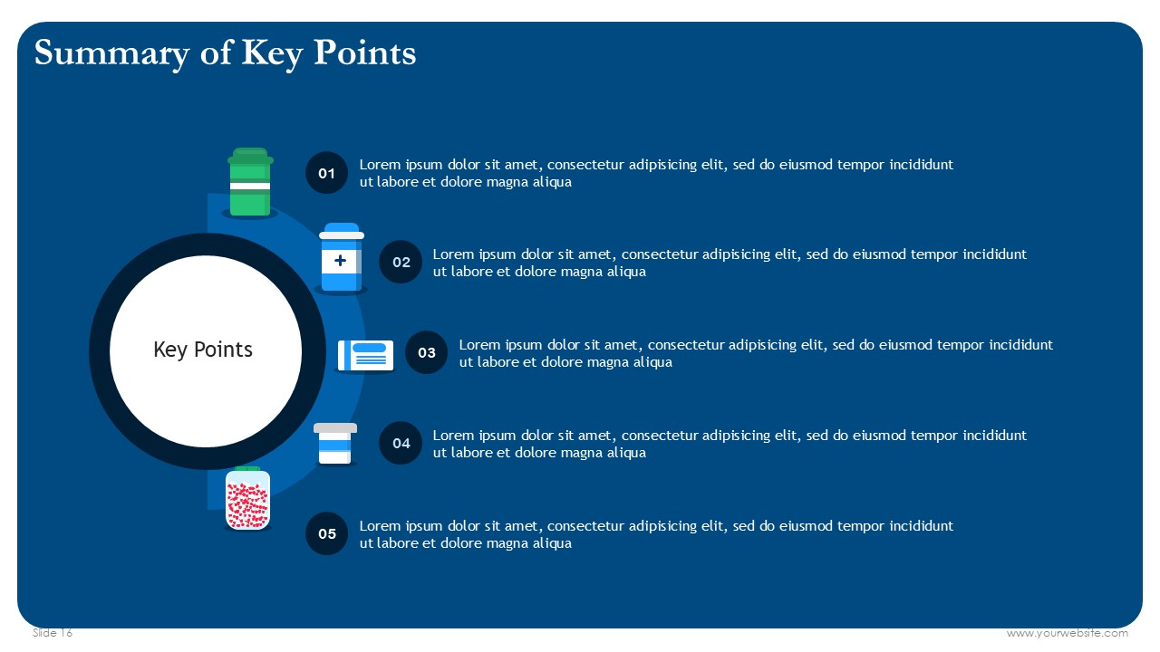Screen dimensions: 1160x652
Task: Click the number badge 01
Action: [x=326, y=173]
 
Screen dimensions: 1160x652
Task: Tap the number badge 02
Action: [x=401, y=262]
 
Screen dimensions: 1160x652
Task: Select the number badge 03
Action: [x=426, y=352]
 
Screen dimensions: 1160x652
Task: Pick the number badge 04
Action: [x=401, y=443]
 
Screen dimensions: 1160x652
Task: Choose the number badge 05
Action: [x=326, y=533]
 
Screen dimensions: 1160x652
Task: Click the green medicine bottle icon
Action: [x=250, y=183]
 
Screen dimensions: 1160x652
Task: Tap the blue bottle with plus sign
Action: [x=342, y=258]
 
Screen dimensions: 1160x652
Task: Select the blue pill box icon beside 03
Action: [x=365, y=356]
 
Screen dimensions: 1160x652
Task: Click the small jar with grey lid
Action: [x=335, y=444]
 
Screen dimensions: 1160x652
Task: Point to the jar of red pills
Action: [x=247, y=499]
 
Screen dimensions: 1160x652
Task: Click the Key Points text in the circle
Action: [x=203, y=350]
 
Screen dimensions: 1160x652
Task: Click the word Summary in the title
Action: [x=111, y=53]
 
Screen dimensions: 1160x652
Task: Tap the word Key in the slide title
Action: [x=272, y=53]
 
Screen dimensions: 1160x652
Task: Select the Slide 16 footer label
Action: [x=53, y=633]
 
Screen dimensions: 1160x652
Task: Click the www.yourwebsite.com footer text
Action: [x=1068, y=633]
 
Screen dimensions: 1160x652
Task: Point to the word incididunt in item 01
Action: [x=922, y=165]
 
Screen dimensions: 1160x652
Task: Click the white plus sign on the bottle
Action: [x=340, y=260]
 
